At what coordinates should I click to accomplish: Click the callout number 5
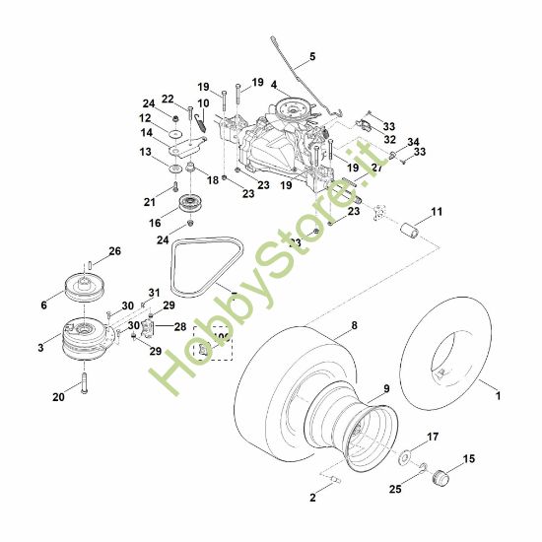point(313,57)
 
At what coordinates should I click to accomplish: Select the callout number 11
point(436,212)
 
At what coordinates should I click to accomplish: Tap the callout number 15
point(468,458)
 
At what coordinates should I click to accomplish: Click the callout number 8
point(356,323)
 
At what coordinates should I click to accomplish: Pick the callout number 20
point(58,398)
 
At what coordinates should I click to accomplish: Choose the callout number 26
point(114,252)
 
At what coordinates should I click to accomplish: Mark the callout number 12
point(145,118)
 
